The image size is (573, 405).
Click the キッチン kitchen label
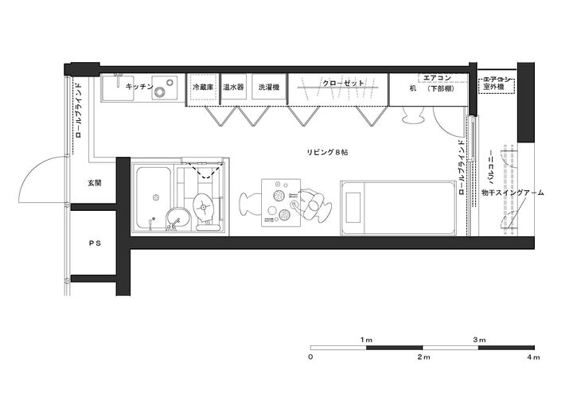[139, 87]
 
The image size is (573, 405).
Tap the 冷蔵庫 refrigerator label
[203, 88]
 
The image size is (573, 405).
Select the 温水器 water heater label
[233, 88]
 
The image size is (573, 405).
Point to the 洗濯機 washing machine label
[269, 88]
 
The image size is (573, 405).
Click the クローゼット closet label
[344, 83]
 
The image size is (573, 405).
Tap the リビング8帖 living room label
[327, 153]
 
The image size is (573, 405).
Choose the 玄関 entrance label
[94, 183]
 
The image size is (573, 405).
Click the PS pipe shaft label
[95, 243]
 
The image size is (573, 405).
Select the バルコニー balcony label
[492, 166]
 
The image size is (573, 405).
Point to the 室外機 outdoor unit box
[497, 86]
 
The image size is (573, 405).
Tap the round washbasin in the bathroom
[178, 217]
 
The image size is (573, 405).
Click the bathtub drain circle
[156, 197]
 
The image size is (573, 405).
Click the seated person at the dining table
[310, 204]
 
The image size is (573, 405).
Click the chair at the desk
[413, 115]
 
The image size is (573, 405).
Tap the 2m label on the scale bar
[424, 357]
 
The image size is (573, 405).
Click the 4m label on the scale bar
[533, 357]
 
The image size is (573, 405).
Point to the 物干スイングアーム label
[513, 193]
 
